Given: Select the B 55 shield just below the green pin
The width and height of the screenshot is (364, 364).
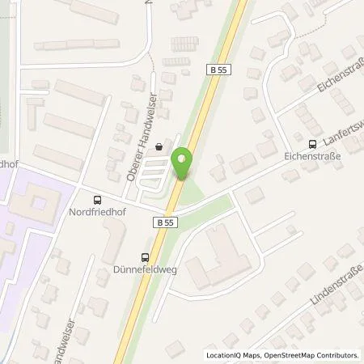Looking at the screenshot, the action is (x=165, y=222).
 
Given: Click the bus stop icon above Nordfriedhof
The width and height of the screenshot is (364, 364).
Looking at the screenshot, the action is (x=98, y=200).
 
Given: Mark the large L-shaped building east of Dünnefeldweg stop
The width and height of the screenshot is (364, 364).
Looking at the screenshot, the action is (x=215, y=259).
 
